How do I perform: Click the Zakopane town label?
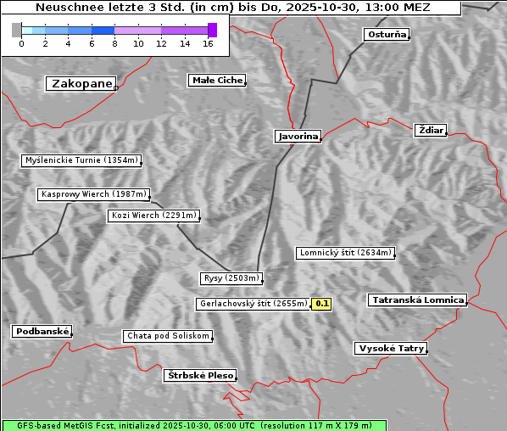pyautogui.click(x=81, y=83)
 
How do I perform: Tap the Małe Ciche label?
pyautogui.click(x=217, y=81)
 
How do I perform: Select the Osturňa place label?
pyautogui.click(x=387, y=35)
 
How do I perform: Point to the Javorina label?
pyautogui.click(x=298, y=136)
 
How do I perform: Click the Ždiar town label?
pyautogui.click(x=430, y=130)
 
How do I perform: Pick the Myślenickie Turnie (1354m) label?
pyautogui.click(x=81, y=160)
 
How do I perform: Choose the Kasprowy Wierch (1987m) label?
pyautogui.click(x=94, y=194)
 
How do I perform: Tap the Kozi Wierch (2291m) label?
pyautogui.click(x=154, y=215)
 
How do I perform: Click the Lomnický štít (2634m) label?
pyautogui.click(x=345, y=253)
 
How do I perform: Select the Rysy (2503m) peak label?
pyautogui.click(x=231, y=278)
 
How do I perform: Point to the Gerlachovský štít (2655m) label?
pyautogui.click(x=253, y=304)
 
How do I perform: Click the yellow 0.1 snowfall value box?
pyautogui.click(x=322, y=303)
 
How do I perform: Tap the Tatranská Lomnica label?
pyautogui.click(x=417, y=300)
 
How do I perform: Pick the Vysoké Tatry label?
pyautogui.click(x=391, y=349)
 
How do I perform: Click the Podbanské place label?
pyautogui.click(x=42, y=332)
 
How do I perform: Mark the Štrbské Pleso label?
pyautogui.click(x=199, y=375)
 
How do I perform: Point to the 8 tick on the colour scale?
pyautogui.click(x=114, y=43)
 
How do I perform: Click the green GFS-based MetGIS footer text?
pyautogui.click(x=193, y=425)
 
